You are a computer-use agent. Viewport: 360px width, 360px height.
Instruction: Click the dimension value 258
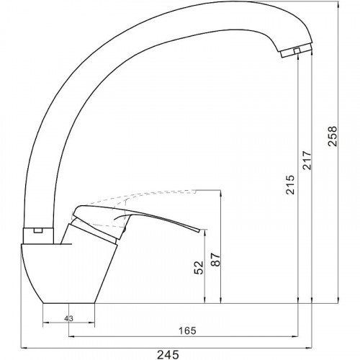[333, 136]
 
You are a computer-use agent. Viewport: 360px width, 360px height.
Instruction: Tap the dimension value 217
[307, 161]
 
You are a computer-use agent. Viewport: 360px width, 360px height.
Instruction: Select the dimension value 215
[289, 184]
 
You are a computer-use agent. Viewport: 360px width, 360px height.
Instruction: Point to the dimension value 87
[215, 260]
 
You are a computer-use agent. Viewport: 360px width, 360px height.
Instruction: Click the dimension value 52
[199, 268]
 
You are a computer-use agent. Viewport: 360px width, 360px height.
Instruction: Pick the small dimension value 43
[68, 318]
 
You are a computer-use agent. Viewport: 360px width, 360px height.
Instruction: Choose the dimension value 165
[187, 330]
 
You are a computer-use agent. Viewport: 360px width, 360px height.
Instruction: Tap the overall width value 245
[168, 354]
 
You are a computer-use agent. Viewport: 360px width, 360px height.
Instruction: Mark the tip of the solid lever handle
[199, 230]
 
